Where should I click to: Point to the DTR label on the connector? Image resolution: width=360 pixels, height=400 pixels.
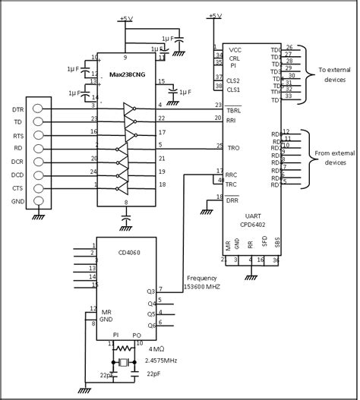(x=16, y=109)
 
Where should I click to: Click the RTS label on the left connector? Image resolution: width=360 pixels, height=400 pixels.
(x=16, y=134)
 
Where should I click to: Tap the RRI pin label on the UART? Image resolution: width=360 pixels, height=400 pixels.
(x=232, y=120)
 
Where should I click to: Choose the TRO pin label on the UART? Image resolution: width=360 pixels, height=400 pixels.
(x=233, y=146)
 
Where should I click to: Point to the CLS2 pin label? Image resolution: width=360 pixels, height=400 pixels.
(x=234, y=80)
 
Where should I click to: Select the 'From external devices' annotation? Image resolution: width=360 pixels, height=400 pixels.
(x=333, y=157)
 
